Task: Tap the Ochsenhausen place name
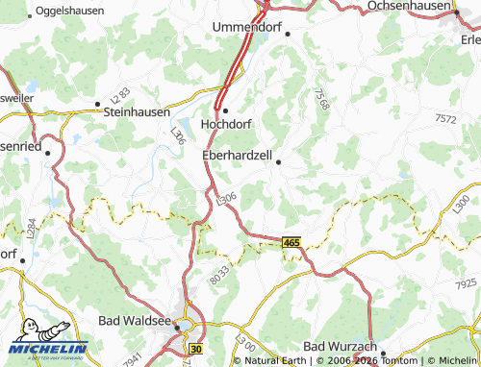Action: click(408, 6)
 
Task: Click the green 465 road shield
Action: click(291, 244)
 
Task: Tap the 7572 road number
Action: click(445, 118)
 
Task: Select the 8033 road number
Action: click(221, 274)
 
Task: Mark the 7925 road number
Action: click(466, 284)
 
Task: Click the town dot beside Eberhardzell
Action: click(279, 162)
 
